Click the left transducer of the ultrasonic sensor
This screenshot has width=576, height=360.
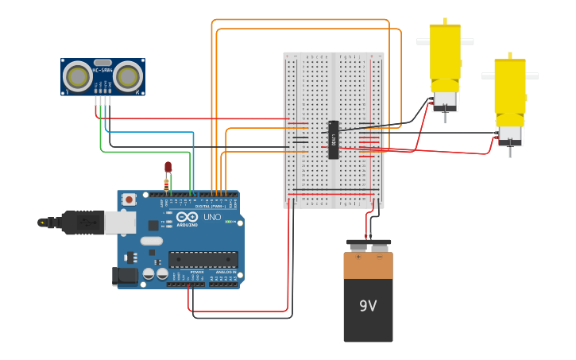click(x=78, y=76)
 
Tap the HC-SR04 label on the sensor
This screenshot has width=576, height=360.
click(x=102, y=70)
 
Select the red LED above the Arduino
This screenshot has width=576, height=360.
click(x=168, y=167)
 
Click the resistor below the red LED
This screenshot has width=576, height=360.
click(x=166, y=184)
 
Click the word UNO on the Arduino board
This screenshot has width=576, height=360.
click(x=212, y=217)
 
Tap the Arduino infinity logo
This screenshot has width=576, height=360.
click(x=187, y=217)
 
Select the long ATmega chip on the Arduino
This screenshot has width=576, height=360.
click(x=203, y=259)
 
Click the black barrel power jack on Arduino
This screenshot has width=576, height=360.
click(x=124, y=276)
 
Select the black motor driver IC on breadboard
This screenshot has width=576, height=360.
click(x=334, y=140)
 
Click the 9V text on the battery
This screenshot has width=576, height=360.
click(x=368, y=306)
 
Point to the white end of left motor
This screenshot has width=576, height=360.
click(x=444, y=100)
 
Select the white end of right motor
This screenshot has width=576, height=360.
click(x=509, y=130)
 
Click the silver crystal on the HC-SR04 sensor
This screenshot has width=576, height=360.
click(x=102, y=62)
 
